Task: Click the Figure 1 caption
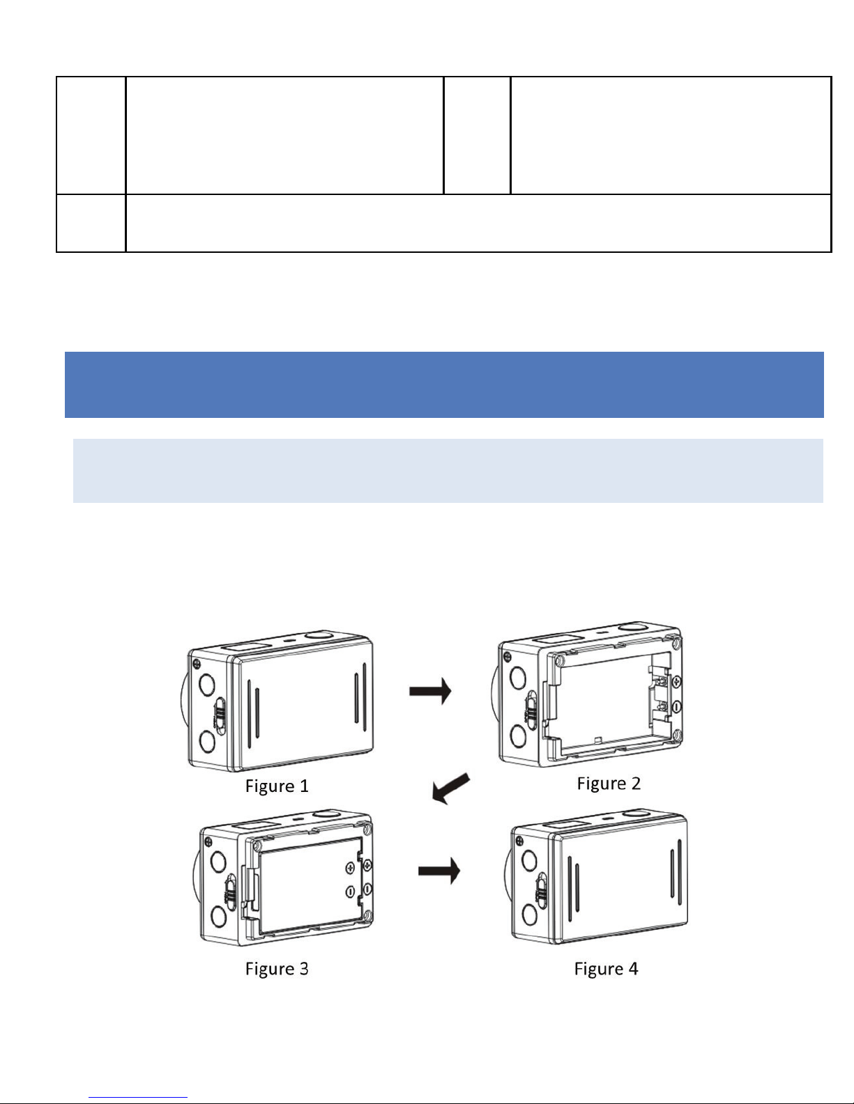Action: click(277, 786)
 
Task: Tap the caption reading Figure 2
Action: click(609, 783)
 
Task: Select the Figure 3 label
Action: click(277, 968)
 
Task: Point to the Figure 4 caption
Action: click(606, 968)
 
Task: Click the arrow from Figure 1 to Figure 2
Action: click(430, 691)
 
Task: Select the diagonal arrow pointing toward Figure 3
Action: click(450, 788)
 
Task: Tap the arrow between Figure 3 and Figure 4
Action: click(439, 871)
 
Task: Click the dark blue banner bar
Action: click(444, 384)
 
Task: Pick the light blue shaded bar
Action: click(448, 470)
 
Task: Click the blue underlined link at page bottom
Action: click(138, 1097)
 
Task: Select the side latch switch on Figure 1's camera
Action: click(219, 715)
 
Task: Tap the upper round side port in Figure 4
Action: click(529, 859)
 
